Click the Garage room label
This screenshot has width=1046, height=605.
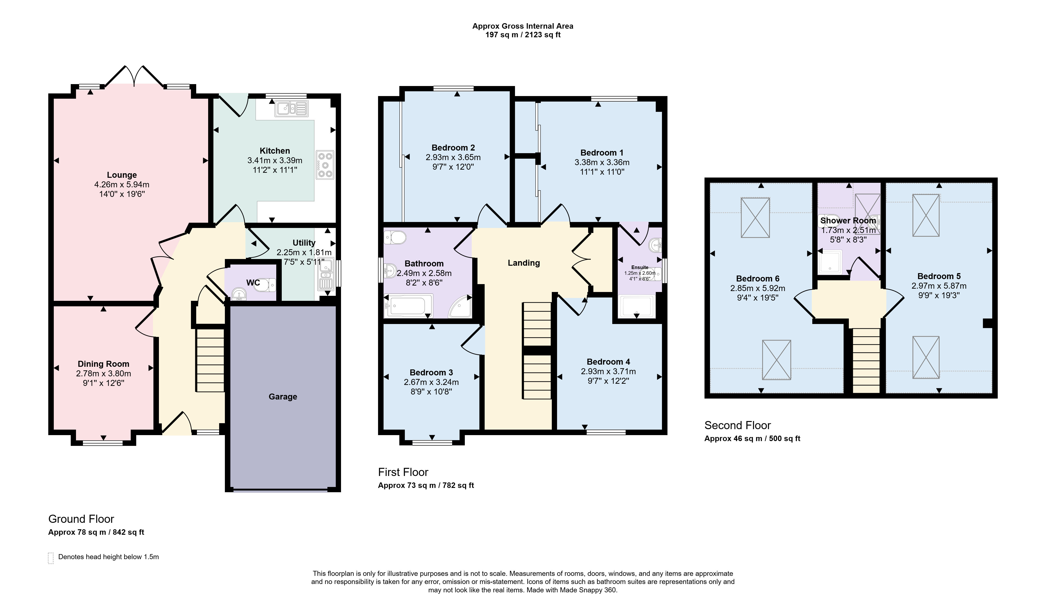pyautogui.click(x=283, y=397)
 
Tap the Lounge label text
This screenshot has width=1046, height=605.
pyautogui.click(x=122, y=175)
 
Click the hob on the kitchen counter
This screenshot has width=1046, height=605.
pyautogui.click(x=325, y=165)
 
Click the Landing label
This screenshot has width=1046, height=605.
pyautogui.click(x=524, y=263)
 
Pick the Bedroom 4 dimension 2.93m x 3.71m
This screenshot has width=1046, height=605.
pyautogui.click(x=608, y=371)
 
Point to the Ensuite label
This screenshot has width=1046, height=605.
pyautogui.click(x=640, y=267)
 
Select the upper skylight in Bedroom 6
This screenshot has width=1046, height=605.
pyautogui.click(x=755, y=218)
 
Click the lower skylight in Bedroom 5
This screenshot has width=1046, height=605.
pyautogui.click(x=926, y=357)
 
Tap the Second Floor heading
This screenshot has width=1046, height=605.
pyautogui.click(x=737, y=425)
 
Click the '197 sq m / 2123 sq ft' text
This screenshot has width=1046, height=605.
pyautogui.click(x=523, y=35)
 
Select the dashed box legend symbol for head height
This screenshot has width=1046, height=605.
pyautogui.click(x=51, y=558)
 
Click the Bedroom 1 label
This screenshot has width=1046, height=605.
pyautogui.click(x=602, y=153)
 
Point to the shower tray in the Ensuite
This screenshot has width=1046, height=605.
pyautogui.click(x=637, y=307)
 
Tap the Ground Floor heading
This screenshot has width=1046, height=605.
pyautogui.click(x=81, y=519)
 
